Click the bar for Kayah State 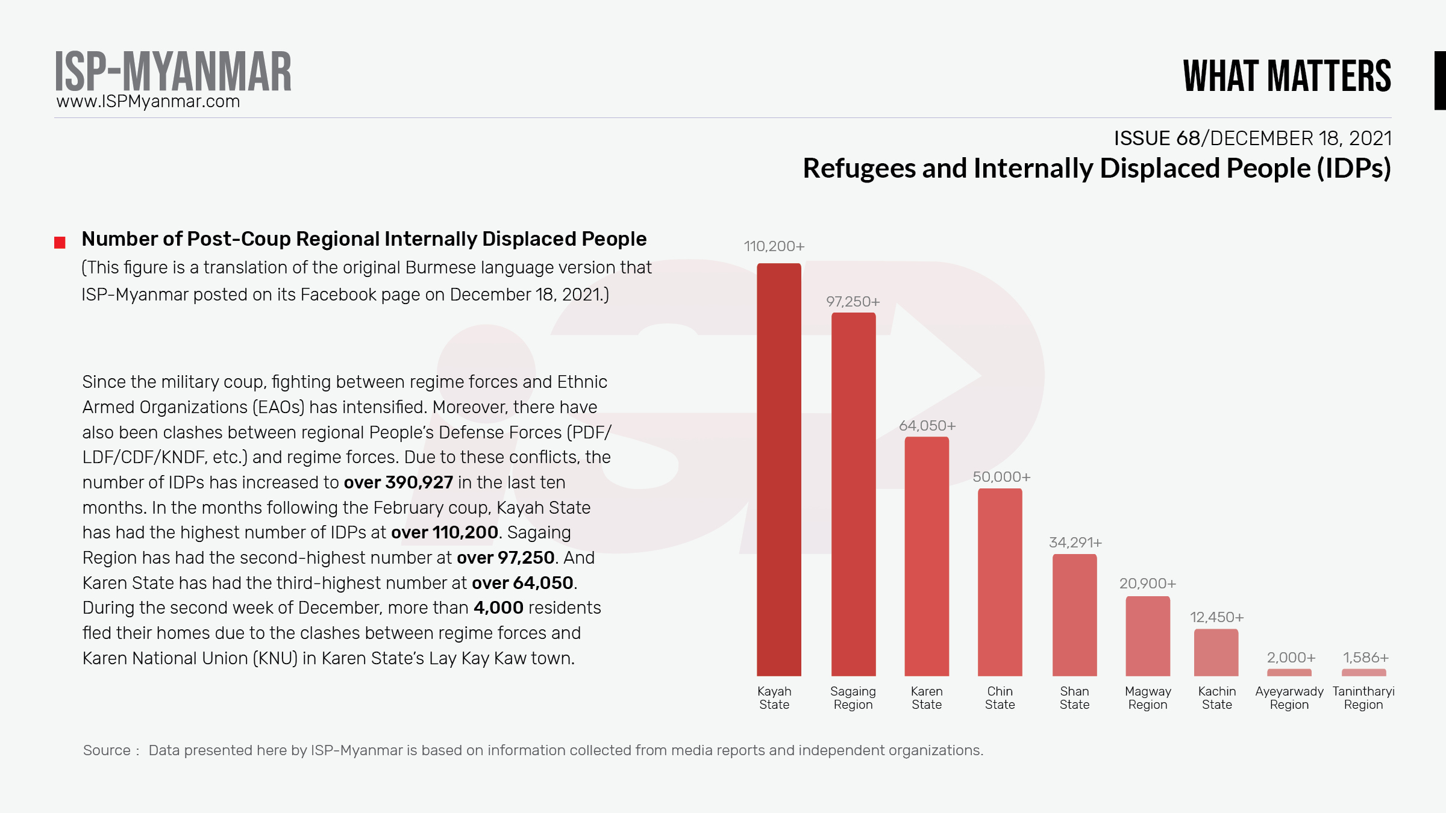(x=779, y=470)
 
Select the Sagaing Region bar (x=853, y=494)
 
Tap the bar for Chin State (x=1000, y=582)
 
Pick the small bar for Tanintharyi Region (x=1364, y=672)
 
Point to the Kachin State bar (x=1216, y=652)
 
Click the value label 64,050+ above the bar (x=927, y=426)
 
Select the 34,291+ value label (x=1075, y=543)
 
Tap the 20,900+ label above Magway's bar (x=1148, y=584)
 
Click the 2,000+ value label (x=1291, y=658)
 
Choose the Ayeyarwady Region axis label (x=1289, y=698)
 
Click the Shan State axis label (x=1074, y=698)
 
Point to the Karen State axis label (x=927, y=698)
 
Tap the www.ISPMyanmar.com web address (x=148, y=102)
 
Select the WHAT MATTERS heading (x=1287, y=76)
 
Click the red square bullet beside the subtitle (x=60, y=243)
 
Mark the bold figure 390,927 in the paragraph (x=419, y=482)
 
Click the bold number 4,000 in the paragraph (x=498, y=608)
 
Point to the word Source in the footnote (x=107, y=750)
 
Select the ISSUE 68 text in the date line (x=1157, y=139)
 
